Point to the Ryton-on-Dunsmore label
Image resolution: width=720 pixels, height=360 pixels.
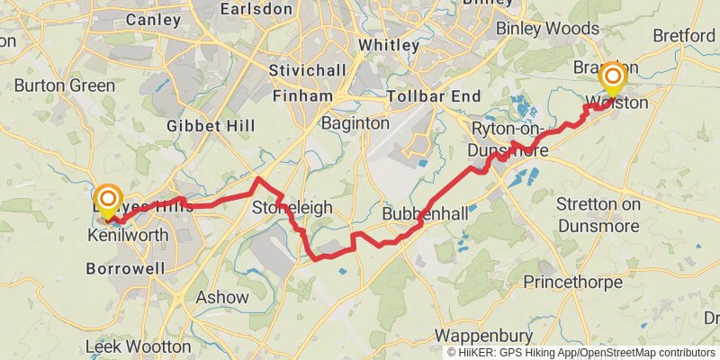click(509, 139)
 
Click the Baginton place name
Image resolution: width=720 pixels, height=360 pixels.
click(355, 122)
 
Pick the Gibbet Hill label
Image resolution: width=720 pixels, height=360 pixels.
click(206, 126)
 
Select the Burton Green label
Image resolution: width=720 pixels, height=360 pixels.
click(65, 85)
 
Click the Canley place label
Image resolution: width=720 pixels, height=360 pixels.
click(153, 18)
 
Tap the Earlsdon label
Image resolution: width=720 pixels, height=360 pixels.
click(268, 9)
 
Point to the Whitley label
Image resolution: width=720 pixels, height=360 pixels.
click(388, 44)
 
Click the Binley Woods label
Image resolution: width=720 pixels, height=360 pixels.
click(547, 29)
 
